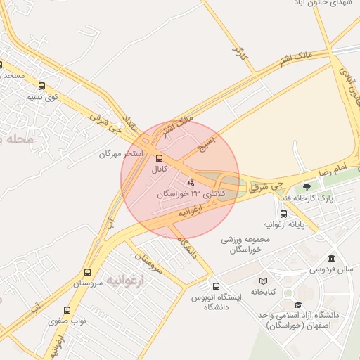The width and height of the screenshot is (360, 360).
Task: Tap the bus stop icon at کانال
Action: tap(159, 158)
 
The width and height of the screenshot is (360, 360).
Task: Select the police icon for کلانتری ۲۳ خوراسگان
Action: tap(192, 183)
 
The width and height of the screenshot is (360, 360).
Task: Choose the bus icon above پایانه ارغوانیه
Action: tap(283, 214)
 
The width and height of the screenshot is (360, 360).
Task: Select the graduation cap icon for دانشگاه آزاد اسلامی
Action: tap(298, 304)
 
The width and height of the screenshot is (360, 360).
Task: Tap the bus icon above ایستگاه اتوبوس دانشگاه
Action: tap(216, 286)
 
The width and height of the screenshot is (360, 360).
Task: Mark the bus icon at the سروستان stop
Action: tap(87, 272)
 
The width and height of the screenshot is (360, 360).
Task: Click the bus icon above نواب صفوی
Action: tap(67, 310)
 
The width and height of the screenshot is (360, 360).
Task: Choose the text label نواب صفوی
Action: tap(67, 321)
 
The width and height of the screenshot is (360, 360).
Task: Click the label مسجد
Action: tap(13, 75)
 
